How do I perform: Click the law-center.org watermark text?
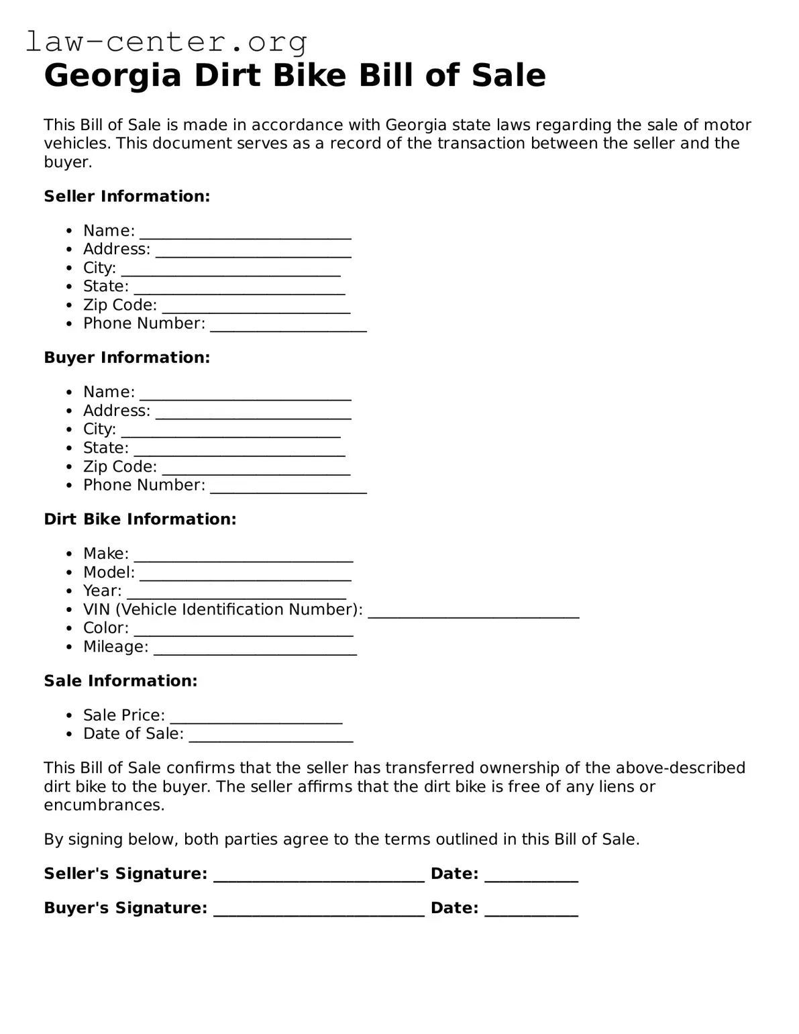(x=166, y=42)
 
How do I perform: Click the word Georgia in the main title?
(x=113, y=75)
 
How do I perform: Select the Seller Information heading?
(x=127, y=197)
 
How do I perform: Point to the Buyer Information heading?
(x=127, y=358)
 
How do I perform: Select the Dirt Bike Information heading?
(x=140, y=519)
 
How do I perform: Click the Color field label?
(x=105, y=628)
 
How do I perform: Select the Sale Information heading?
(x=121, y=681)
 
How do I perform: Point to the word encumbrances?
(x=103, y=805)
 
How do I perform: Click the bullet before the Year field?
(x=69, y=591)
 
